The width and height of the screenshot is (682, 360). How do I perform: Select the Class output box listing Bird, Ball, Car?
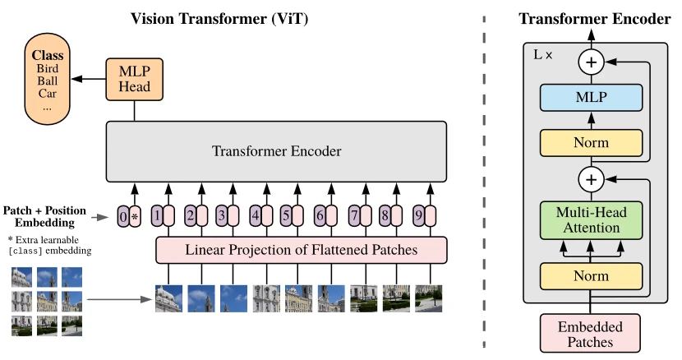tap(48, 79)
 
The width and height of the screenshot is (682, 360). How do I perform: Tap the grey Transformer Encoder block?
tap(276, 151)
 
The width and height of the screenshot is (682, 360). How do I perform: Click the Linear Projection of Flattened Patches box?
tap(301, 249)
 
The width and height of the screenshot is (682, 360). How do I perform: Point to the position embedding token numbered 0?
tap(123, 216)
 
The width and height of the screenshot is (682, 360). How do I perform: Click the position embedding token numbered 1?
tap(156, 216)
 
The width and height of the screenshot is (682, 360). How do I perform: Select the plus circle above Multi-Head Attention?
tap(589, 178)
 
